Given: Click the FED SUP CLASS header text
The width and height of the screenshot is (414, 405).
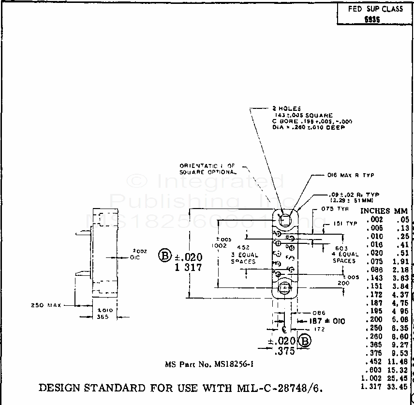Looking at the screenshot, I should point(375,9).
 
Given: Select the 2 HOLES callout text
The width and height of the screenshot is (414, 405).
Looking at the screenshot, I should point(287,108).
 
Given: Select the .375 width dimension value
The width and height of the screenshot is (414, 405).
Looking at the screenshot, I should point(285,351).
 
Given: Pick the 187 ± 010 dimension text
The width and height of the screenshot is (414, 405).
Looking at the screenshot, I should point(323,321).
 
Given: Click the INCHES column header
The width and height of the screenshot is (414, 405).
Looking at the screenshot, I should point(375,211).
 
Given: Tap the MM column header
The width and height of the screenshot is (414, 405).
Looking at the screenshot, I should point(401,211).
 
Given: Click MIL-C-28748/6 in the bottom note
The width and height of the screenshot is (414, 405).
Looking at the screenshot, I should point(282,388).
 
